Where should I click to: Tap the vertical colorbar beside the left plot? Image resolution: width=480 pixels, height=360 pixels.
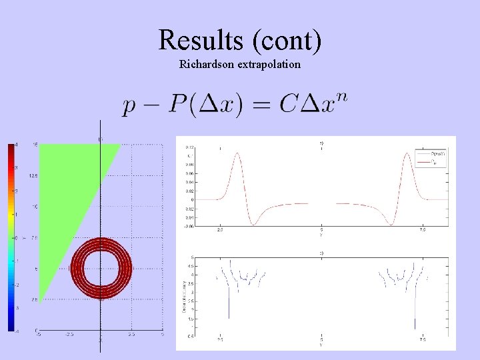11,237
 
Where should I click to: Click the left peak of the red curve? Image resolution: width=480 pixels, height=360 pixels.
235,155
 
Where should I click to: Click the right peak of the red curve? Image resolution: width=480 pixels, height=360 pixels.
408,155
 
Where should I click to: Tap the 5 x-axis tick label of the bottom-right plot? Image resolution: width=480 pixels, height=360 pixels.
322,339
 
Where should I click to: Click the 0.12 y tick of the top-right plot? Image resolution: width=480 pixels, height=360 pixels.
189,147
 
